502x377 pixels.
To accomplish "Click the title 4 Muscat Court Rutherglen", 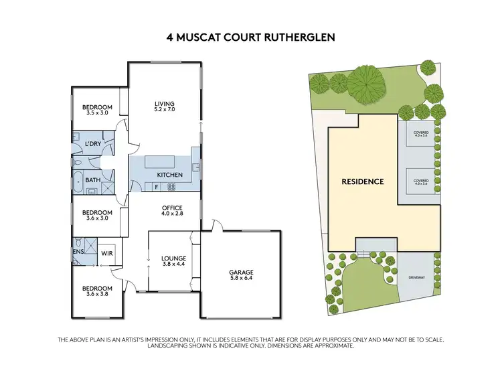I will tap(251, 38).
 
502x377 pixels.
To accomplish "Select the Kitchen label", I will tap(169, 175).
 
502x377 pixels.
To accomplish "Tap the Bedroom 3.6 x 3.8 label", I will tap(97, 290).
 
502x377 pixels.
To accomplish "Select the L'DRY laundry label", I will tap(92, 145).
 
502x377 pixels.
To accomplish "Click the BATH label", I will tap(92, 180).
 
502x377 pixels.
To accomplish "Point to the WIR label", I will tap(106, 254).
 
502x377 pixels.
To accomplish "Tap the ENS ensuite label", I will tap(78, 253).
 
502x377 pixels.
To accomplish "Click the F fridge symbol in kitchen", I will tap(156, 186).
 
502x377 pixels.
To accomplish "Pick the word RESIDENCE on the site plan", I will tap(363, 181).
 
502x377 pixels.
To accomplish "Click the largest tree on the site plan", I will tap(365, 85).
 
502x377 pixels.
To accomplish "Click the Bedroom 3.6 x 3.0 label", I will tap(97, 214).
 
